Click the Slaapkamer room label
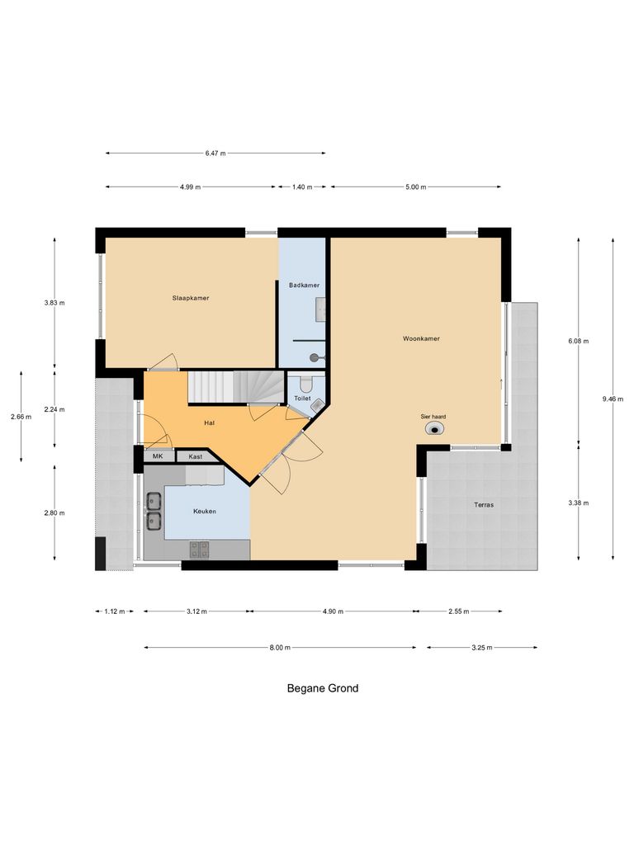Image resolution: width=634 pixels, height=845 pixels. tap(190, 297)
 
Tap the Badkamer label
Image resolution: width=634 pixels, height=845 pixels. tap(304, 285)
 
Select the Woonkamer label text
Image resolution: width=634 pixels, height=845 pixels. tap(421, 338)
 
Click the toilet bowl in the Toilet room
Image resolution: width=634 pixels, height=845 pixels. tap(306, 385)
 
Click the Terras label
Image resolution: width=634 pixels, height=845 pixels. tap(485, 504)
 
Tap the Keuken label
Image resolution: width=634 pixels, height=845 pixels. tap(205, 512)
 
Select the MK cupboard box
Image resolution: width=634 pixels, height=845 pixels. tap(158, 456)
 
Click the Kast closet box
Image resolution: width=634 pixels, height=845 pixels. tap(196, 456)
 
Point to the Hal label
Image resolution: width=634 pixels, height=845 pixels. tap(210, 422)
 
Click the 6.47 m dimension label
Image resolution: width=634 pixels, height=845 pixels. tap(215, 153)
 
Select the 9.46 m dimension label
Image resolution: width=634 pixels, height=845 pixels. tap(613, 399)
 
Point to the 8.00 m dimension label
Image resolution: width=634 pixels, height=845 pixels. tap(280, 648)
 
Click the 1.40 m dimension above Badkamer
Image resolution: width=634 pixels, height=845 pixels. tap(302, 186)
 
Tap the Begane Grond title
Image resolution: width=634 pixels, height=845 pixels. tap(323, 688)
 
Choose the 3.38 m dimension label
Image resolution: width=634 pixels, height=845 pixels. tap(578, 503)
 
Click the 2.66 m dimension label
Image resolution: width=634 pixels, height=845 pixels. tap(21, 417)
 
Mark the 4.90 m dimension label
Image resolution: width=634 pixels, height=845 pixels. tap(333, 611)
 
